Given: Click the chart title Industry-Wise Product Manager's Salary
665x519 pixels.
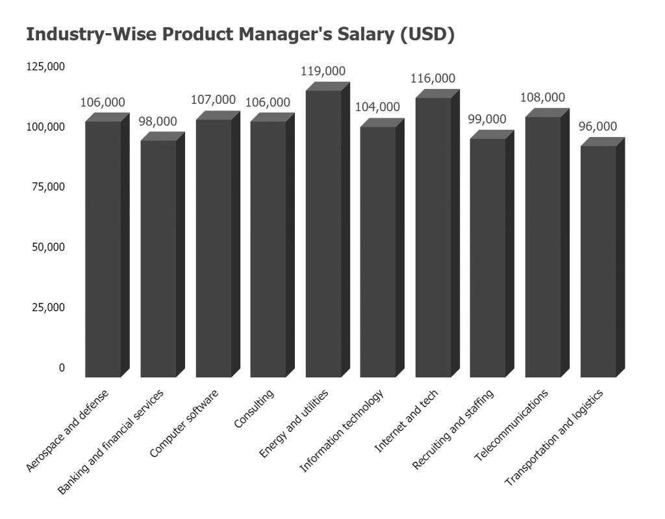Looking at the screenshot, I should pos(240,35).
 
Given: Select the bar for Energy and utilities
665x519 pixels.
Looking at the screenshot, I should pos(323,234).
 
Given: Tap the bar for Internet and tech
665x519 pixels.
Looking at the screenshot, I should pos(433,237).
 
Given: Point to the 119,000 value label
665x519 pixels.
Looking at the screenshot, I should pos(323,71).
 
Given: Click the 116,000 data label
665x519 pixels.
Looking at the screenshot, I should pos(433,79).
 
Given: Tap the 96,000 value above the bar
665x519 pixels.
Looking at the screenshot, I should pos(597,127).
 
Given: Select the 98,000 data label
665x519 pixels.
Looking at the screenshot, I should pos(158,121).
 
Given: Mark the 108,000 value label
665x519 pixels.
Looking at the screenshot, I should pos(543,97).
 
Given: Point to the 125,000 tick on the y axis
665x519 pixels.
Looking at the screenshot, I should pos(45,67).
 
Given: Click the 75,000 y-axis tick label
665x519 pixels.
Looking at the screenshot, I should pos(47,187).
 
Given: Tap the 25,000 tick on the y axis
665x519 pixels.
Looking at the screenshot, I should pos(47,307).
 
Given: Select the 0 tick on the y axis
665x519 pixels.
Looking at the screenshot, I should pos(62,368).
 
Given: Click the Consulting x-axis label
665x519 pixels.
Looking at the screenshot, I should pos(255,409).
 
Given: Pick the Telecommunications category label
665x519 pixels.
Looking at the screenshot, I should pos(511,425).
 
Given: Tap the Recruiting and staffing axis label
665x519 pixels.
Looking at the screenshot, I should pos(453,429).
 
